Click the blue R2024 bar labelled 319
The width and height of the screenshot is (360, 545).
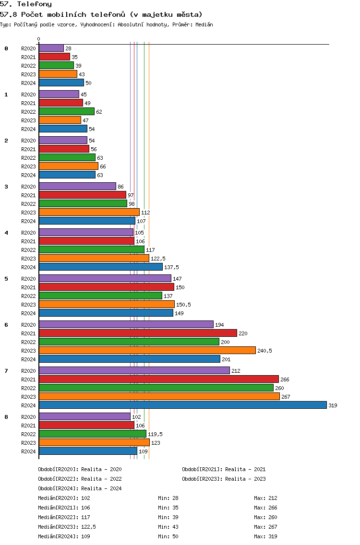(183, 405)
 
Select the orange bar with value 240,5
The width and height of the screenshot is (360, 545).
(147, 350)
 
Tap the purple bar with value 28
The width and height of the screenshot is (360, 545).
(51, 48)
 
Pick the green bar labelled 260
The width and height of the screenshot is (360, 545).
(156, 388)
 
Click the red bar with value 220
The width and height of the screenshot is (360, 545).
(138, 333)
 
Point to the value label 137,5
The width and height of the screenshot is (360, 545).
(171, 267)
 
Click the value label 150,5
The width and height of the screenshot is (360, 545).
(183, 305)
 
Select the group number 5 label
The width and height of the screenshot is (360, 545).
(6, 279)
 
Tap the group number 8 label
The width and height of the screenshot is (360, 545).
(6, 417)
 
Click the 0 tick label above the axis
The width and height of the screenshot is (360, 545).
(38, 39)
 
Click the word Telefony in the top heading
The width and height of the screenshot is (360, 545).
(35, 4)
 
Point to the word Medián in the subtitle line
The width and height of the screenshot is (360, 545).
(204, 24)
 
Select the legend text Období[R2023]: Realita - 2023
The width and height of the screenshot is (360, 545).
(224, 479)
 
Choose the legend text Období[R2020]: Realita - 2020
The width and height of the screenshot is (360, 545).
(80, 469)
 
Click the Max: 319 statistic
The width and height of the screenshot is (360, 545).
(265, 536)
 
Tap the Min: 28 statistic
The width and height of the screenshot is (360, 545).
(168, 498)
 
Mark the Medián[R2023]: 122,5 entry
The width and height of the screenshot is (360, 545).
(67, 527)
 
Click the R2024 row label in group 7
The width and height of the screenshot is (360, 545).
(28, 405)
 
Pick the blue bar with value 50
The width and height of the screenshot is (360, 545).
(61, 83)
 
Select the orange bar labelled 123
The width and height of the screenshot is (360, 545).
(94, 442)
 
